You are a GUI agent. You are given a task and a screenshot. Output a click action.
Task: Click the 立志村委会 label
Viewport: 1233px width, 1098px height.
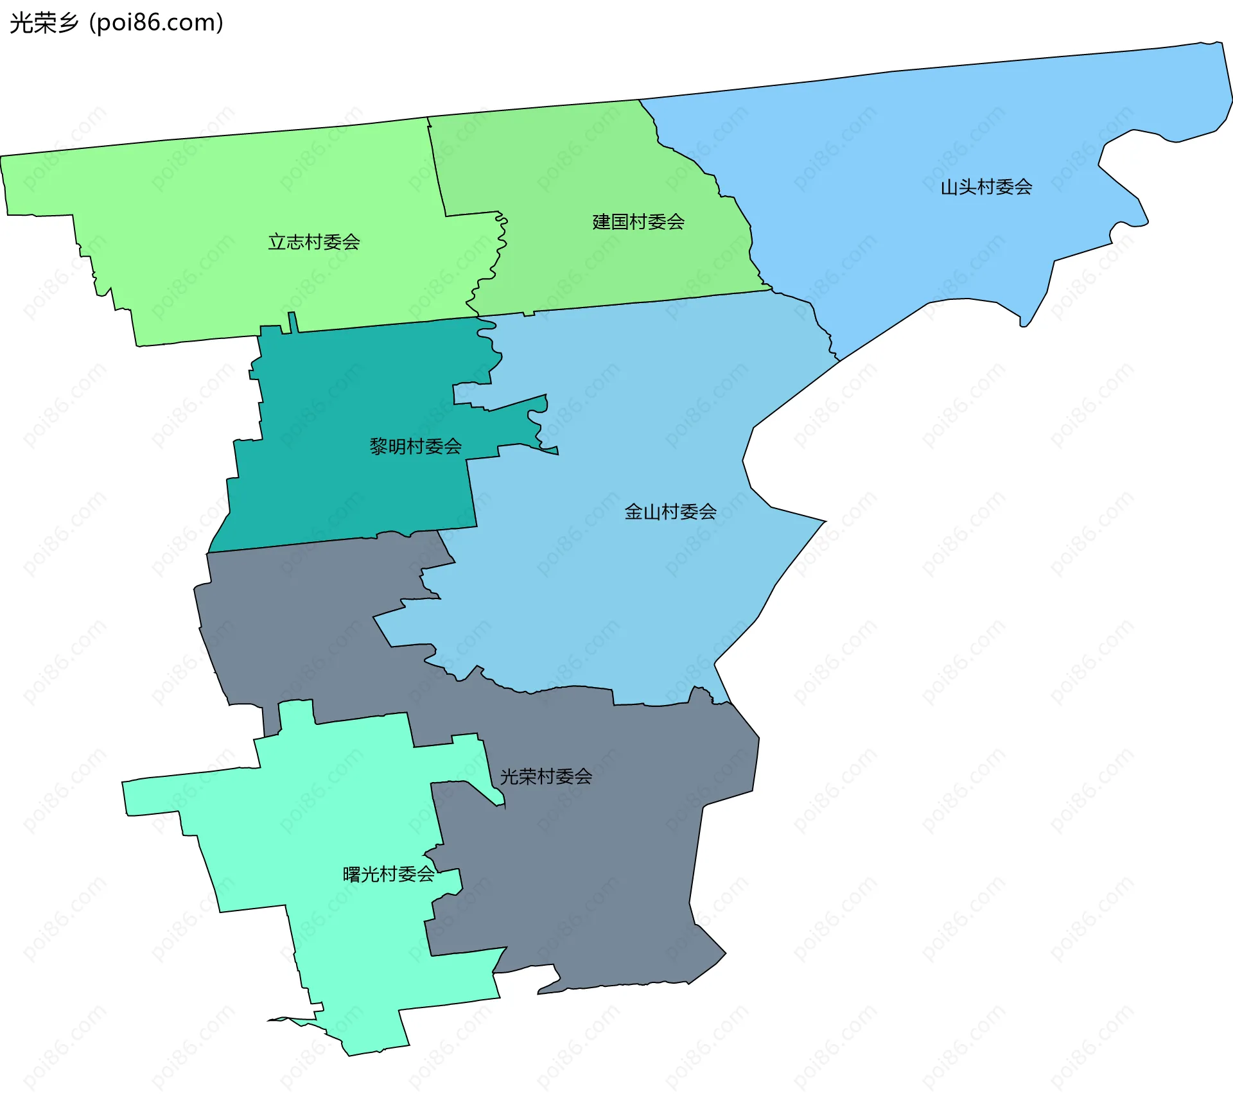[313, 242]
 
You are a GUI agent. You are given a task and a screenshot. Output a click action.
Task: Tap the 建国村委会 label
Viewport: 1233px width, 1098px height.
[638, 222]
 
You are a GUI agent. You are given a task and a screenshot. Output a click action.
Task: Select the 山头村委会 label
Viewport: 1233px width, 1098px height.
[986, 187]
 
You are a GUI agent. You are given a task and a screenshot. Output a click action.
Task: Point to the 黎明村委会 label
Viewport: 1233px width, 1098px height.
[415, 446]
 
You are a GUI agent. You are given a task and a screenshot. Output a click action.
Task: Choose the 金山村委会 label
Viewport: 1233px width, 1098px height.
[670, 512]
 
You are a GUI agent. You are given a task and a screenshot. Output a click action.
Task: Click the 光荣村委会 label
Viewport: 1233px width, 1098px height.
[546, 777]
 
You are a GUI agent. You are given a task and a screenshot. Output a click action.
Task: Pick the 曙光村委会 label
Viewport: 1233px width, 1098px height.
[389, 875]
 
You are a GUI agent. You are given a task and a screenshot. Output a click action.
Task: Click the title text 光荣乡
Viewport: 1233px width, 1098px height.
[44, 22]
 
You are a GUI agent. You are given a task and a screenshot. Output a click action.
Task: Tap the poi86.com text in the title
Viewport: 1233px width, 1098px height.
[156, 22]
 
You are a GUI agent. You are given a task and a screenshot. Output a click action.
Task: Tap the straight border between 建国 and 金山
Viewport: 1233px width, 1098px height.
[642, 302]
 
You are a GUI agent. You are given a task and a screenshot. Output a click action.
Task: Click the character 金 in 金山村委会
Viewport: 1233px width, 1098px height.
[633, 512]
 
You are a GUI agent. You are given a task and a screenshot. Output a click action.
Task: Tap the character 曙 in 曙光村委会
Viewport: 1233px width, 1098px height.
[351, 875]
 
